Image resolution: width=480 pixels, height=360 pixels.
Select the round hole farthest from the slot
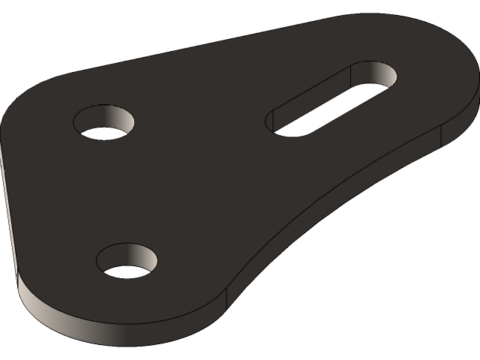(x=127, y=260)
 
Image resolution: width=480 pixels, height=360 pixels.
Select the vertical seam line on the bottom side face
(x=226, y=298)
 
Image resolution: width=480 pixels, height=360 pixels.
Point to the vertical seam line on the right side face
(x=441, y=135)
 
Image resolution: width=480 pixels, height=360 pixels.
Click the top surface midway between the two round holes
(x=116, y=191)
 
